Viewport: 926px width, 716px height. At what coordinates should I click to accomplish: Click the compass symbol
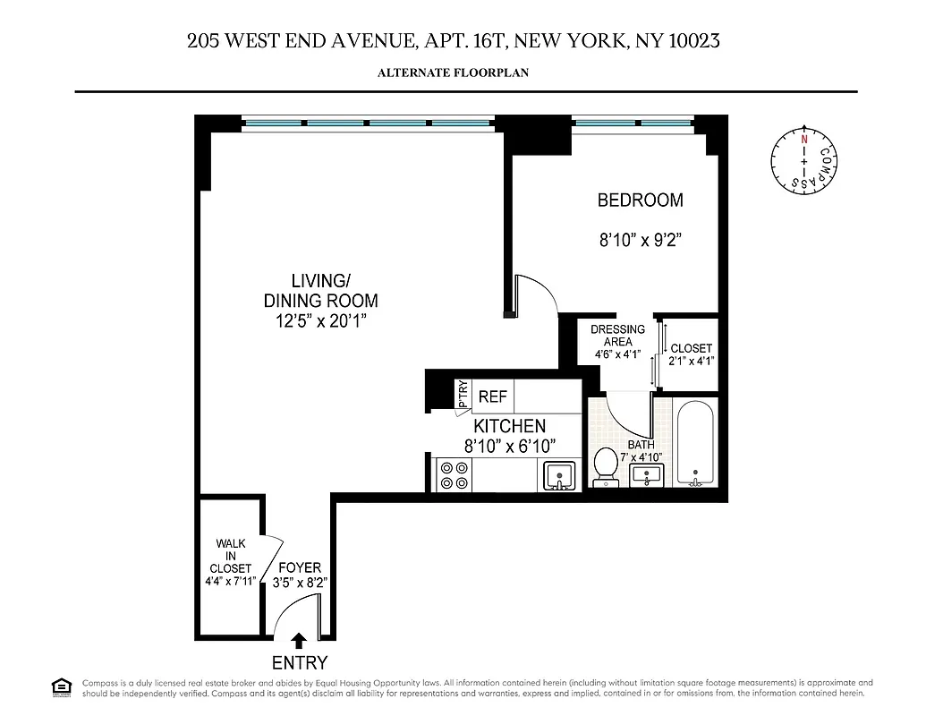[x=803, y=160]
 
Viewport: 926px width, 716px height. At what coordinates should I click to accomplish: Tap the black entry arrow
[x=300, y=640]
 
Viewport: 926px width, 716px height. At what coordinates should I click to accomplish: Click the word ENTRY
[x=300, y=663]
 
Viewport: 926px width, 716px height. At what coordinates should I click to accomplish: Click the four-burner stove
[x=453, y=474]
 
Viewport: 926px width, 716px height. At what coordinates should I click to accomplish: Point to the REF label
[x=493, y=396]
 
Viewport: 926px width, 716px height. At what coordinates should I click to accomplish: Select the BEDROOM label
[x=640, y=200]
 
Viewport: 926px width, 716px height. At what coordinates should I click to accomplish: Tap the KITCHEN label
[x=509, y=426]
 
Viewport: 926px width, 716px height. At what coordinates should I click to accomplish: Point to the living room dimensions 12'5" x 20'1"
[x=320, y=321]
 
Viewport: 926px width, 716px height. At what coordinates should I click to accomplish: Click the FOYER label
[x=299, y=568]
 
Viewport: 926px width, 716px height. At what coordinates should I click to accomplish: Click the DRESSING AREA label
[x=617, y=336]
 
